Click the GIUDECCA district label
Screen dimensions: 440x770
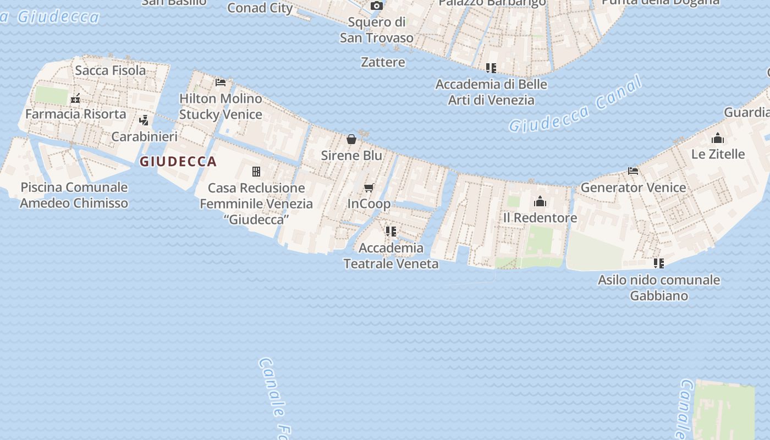178,162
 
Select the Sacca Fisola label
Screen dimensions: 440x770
111,70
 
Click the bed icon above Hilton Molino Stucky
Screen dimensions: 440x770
221,82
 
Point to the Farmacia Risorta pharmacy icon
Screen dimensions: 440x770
75,99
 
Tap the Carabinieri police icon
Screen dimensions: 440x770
144,120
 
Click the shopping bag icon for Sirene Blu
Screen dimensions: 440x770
351,139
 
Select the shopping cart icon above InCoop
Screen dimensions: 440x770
369,188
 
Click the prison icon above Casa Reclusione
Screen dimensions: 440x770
256,172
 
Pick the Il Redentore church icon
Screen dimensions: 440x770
540,202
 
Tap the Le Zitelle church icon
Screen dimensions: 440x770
718,138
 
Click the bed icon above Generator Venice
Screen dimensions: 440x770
633,171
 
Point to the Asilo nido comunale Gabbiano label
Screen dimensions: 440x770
659,288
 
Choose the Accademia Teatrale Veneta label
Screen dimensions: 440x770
391,256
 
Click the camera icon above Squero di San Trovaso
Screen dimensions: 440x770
377,6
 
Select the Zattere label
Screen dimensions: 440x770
383,62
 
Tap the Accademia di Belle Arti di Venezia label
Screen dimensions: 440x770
491,92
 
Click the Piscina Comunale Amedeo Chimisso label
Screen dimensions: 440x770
74,195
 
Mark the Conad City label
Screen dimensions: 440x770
260,8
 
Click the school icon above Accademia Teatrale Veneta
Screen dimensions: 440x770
391,232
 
